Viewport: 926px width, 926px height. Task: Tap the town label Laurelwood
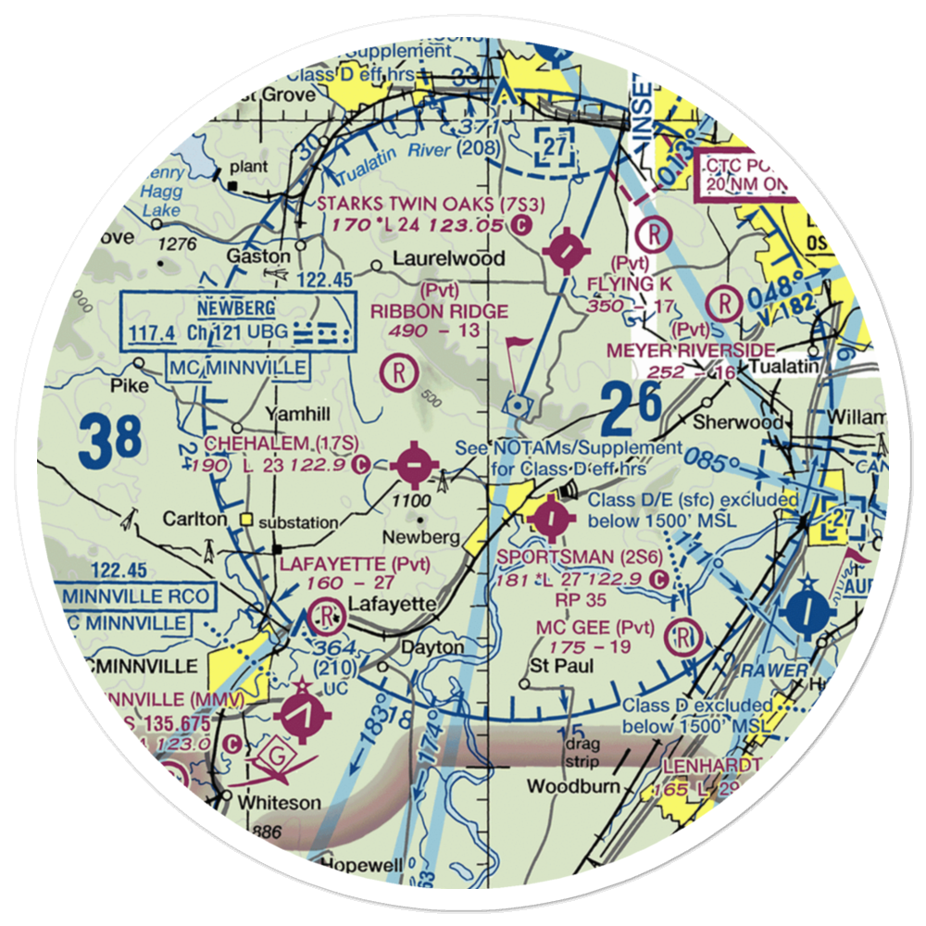coord(449,258)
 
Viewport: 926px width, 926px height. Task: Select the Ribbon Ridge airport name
coord(440,311)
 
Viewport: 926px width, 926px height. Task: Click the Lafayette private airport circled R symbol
coord(325,613)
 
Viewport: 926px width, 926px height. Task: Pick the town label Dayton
coord(432,647)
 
